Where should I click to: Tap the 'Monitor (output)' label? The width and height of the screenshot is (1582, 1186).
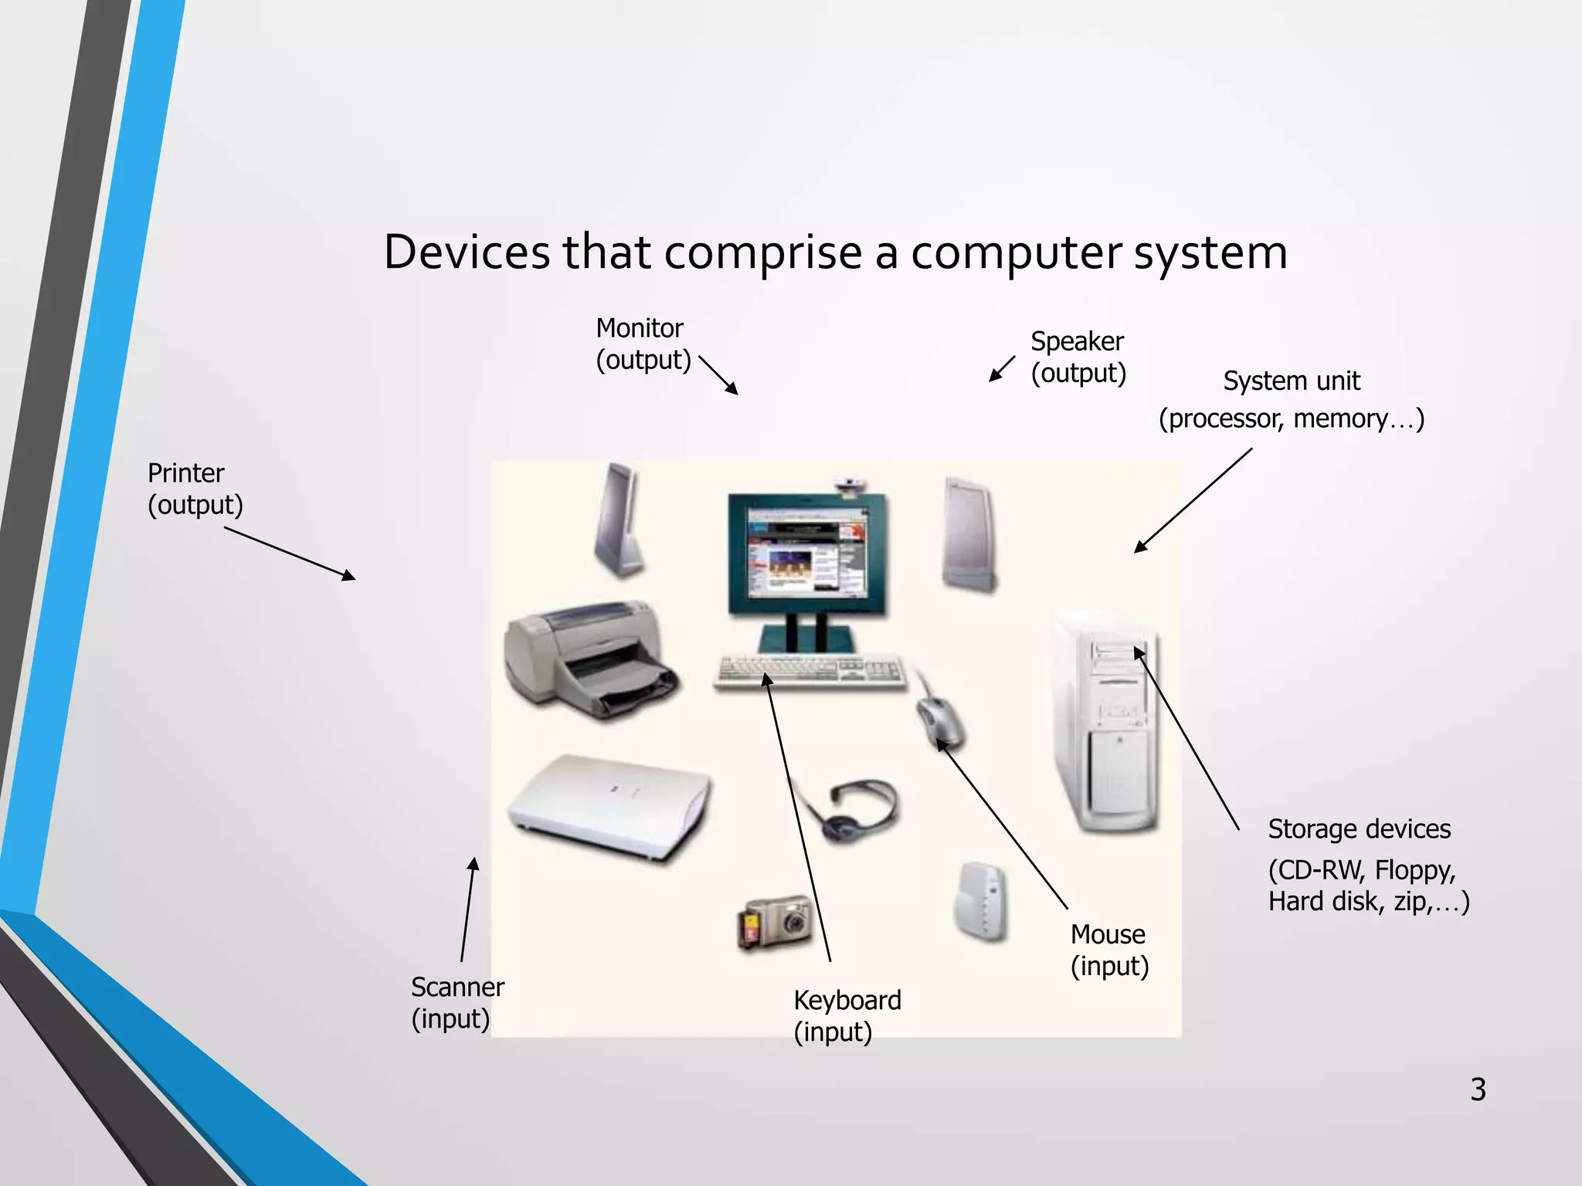coord(643,344)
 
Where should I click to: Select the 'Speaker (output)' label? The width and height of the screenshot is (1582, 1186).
coord(1078,357)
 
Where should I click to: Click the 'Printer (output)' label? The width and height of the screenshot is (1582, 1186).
coord(195,489)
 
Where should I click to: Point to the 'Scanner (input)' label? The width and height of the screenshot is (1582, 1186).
coord(457,1002)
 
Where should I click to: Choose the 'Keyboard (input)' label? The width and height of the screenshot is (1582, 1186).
coord(847,1015)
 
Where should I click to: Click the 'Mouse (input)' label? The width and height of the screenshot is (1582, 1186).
coord(1109,950)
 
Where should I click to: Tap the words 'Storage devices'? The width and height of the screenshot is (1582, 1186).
coord(1359,829)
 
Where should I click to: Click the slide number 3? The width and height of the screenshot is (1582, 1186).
coord(1478,1089)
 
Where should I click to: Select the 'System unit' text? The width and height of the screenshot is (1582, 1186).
coord(1291,381)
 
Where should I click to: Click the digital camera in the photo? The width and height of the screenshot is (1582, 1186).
coord(776,922)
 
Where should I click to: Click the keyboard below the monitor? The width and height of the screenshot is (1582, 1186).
coord(809,670)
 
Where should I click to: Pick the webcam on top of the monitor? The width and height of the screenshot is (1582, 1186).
coord(850,485)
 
